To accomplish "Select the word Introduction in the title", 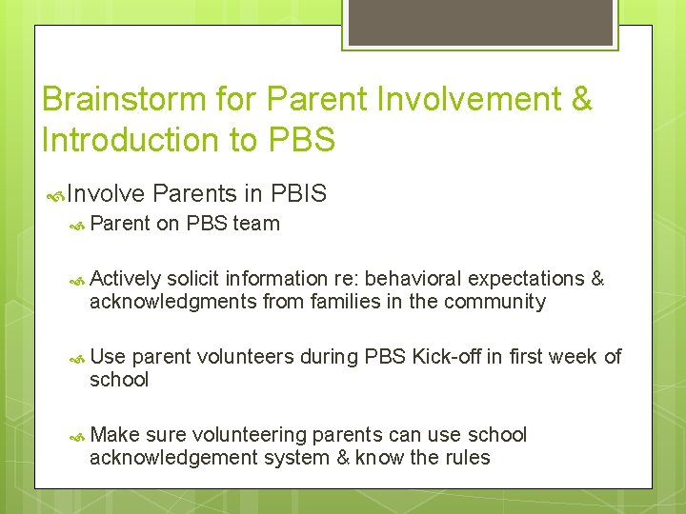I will tap(130, 140).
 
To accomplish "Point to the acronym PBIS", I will tap(298, 194).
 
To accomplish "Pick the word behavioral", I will tap(410, 279).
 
